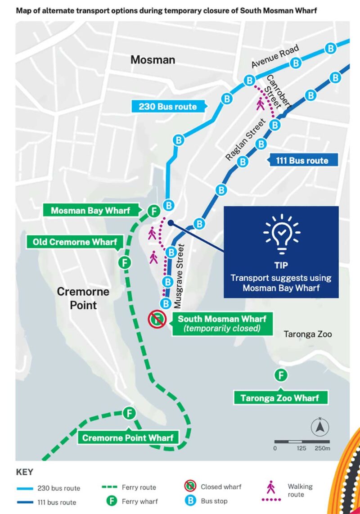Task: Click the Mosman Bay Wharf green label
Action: click(x=90, y=211)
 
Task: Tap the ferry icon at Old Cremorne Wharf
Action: click(x=125, y=262)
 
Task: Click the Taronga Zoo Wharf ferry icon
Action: click(x=281, y=375)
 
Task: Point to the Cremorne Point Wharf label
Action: click(x=128, y=437)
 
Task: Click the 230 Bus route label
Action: click(x=168, y=107)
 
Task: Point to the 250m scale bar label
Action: click(x=322, y=448)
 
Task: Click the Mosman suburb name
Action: click(x=153, y=59)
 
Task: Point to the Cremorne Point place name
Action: click(x=83, y=298)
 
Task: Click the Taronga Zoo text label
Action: click(x=308, y=334)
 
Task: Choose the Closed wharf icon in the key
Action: click(x=190, y=486)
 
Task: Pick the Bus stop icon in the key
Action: click(x=190, y=500)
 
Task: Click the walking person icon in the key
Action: click(x=271, y=487)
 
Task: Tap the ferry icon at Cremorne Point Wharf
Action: click(x=130, y=413)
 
